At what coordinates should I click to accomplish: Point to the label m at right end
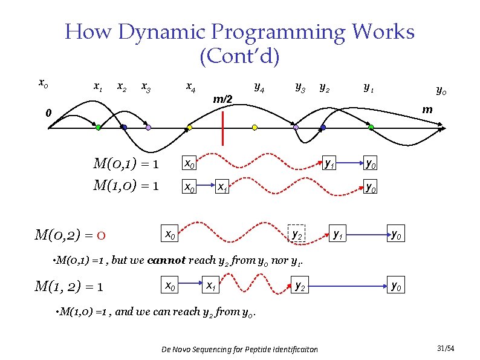pyautogui.click(x=427, y=109)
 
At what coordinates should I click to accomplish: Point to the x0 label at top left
pyautogui.click(x=42, y=82)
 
